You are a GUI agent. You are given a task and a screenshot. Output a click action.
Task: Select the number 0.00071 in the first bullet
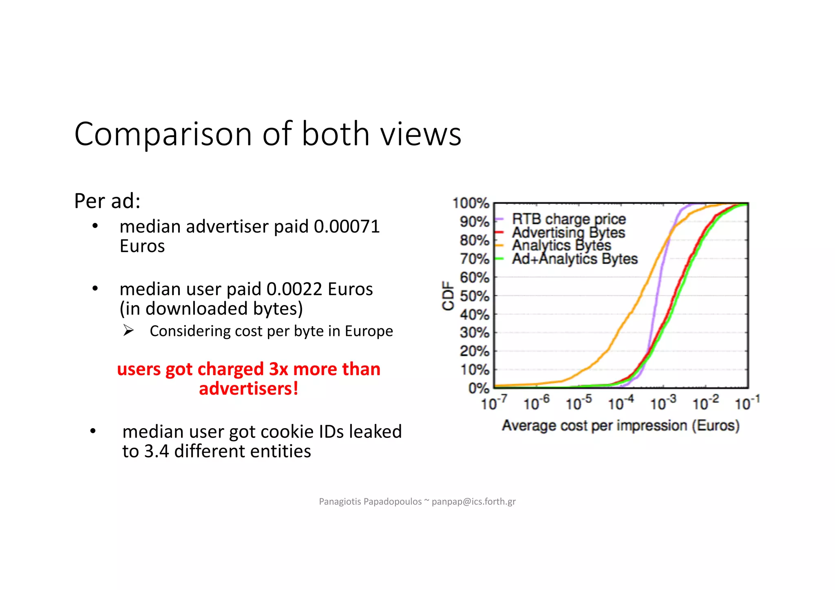347,227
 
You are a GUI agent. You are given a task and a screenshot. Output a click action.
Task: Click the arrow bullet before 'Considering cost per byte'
128,330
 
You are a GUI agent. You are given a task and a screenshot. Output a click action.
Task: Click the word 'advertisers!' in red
248,389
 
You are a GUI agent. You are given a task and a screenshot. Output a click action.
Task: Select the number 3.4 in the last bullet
157,451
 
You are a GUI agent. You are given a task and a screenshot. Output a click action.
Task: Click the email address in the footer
473,502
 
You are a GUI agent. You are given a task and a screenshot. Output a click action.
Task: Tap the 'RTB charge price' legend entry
568,219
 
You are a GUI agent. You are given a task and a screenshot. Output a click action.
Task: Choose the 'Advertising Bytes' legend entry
568,232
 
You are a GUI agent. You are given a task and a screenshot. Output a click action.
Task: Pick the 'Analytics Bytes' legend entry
561,245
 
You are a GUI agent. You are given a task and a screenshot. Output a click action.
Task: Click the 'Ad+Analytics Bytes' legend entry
574,259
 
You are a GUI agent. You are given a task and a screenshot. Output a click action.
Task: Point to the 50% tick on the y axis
474,296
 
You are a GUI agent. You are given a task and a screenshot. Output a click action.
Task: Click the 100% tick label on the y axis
471,203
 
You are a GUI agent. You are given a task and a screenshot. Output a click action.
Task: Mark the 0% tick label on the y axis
478,388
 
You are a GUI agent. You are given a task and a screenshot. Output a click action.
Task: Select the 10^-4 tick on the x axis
621,403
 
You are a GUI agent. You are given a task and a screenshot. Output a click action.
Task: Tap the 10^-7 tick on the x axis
494,403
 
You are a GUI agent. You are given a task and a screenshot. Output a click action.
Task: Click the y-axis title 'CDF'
448,296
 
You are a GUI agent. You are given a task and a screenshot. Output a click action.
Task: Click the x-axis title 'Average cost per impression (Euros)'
621,426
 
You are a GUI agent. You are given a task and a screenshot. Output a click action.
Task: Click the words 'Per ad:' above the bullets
107,201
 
